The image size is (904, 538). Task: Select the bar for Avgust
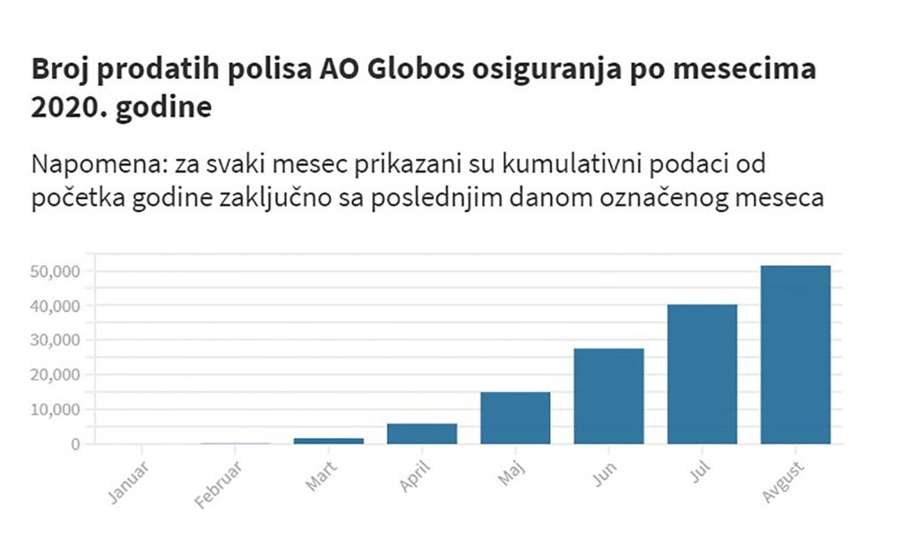795,354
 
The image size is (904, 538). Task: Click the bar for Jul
702,375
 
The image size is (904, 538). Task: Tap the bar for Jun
609,396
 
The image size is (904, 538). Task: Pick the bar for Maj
516,418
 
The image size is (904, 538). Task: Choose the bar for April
422,434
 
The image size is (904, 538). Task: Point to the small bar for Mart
328,441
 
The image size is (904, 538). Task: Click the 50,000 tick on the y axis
55,271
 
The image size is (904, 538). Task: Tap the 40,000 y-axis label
55,307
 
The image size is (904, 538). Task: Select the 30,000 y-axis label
55,340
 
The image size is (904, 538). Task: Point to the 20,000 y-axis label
55,375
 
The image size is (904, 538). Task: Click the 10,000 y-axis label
55,409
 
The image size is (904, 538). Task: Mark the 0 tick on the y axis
76,444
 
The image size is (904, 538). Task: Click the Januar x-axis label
128,483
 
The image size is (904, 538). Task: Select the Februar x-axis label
217,486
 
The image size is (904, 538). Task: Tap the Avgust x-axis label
782,482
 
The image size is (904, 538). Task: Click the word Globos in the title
416,69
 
